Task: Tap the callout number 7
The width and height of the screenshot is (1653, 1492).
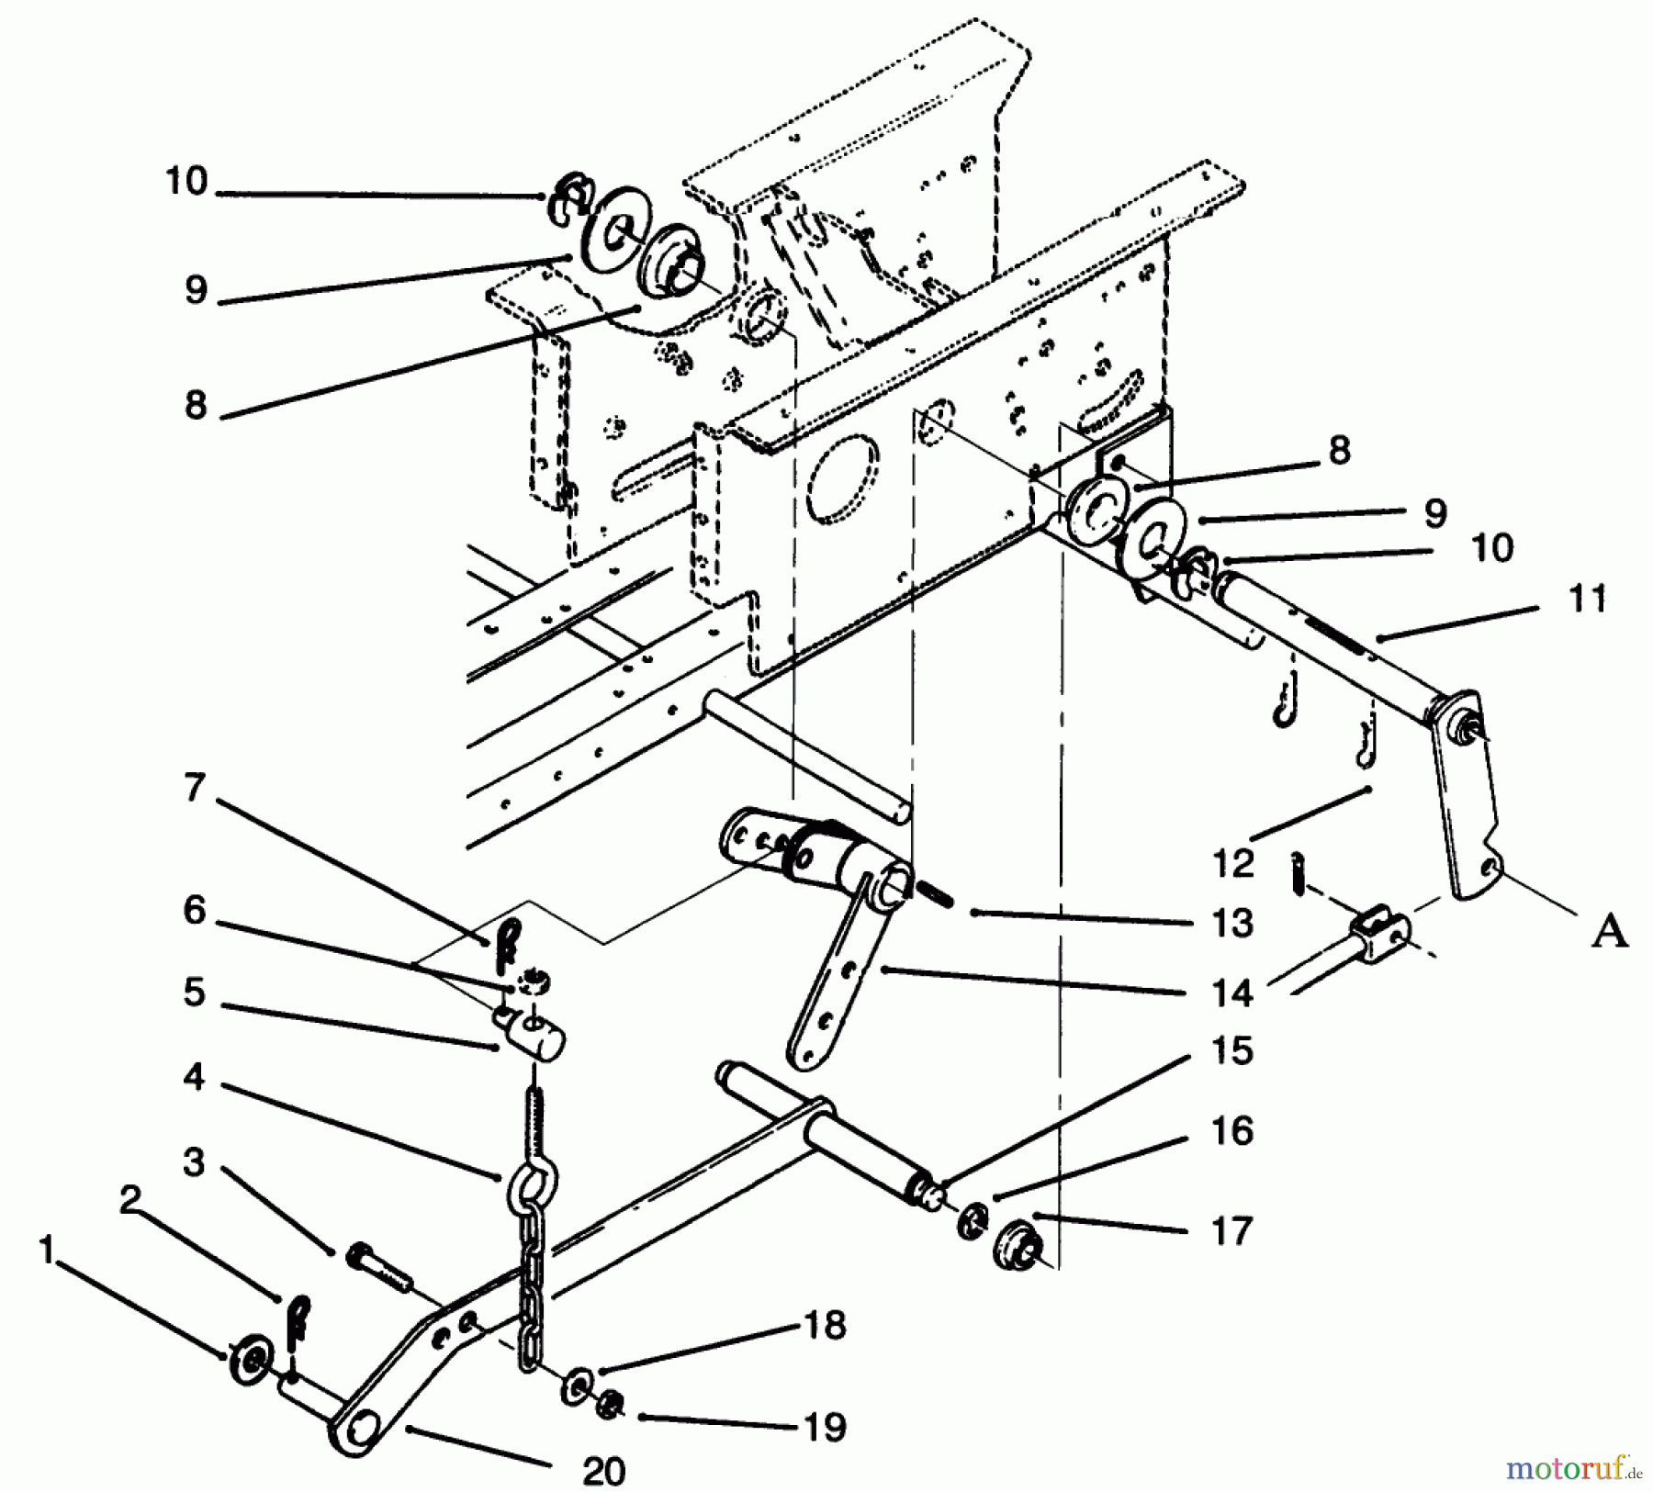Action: click(193, 788)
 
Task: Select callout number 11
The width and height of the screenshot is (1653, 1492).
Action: click(1588, 598)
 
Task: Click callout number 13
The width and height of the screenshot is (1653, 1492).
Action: click(1231, 923)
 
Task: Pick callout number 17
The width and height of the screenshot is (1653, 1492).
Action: click(1231, 1230)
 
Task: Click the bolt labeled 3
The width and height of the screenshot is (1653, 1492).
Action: click(379, 1266)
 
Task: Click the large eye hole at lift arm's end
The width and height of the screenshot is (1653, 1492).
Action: click(361, 1430)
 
